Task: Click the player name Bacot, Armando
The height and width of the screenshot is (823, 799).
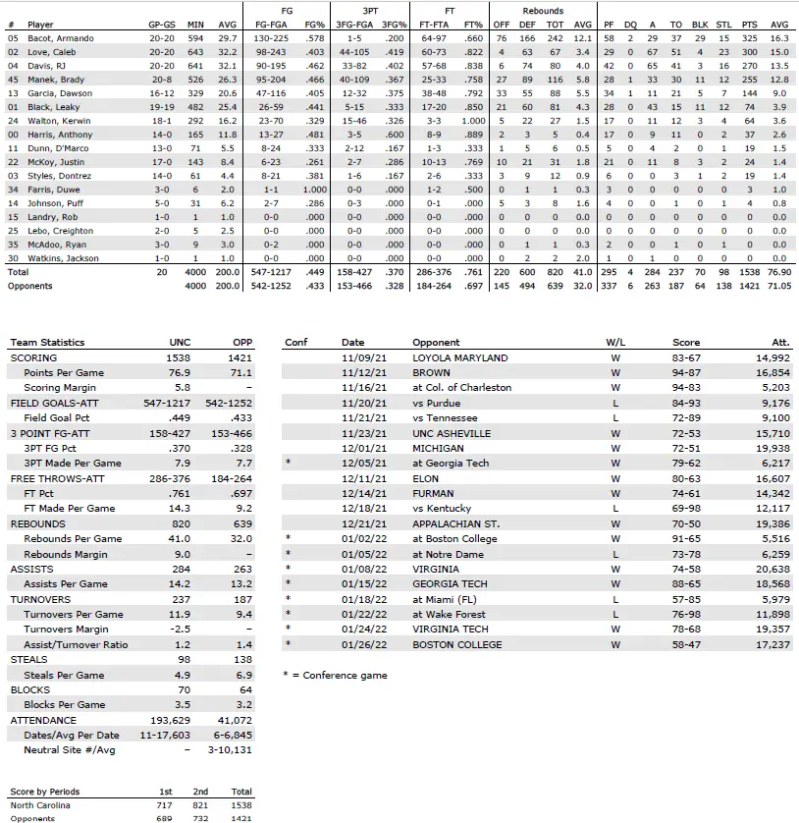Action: point(60,38)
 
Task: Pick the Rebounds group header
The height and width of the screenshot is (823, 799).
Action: point(543,11)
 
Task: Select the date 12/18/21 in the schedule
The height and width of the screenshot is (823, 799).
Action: point(358,509)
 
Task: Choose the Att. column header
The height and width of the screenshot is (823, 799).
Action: point(780,343)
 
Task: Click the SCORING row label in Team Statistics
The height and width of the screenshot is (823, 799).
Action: point(33,358)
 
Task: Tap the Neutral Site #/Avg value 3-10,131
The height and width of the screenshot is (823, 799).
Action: point(233,749)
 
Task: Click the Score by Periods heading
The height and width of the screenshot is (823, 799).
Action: point(45,792)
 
